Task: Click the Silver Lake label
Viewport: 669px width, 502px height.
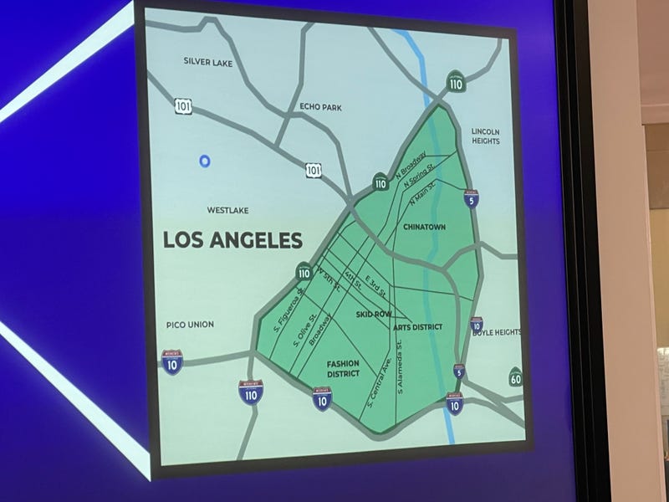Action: (x=207, y=61)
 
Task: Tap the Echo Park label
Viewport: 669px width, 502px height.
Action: (x=320, y=107)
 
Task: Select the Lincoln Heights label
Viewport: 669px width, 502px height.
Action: (x=485, y=136)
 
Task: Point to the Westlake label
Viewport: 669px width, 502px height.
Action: (x=227, y=210)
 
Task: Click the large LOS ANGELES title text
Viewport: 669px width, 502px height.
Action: (x=232, y=241)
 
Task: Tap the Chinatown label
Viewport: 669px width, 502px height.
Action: (x=424, y=227)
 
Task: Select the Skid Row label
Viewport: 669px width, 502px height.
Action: (x=374, y=314)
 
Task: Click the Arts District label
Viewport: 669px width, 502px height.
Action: (x=417, y=326)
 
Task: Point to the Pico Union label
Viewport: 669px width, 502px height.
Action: (x=190, y=325)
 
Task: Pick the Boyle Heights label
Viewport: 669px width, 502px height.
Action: (x=497, y=332)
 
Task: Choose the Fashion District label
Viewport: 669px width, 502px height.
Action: (x=343, y=369)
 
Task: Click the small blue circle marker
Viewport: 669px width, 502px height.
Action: (x=205, y=161)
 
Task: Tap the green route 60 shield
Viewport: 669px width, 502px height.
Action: (x=515, y=378)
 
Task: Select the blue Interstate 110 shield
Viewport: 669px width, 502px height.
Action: (x=251, y=391)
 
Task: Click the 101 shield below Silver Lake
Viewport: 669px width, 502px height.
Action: (x=183, y=106)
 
